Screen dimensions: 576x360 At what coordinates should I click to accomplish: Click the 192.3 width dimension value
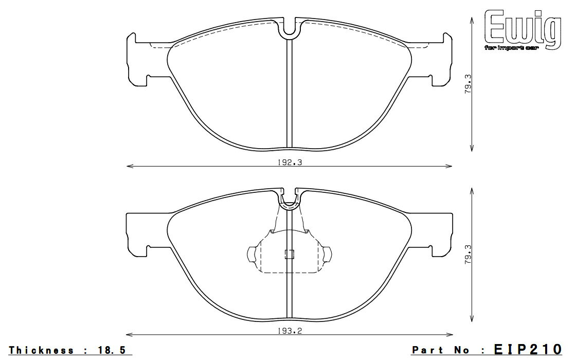(x=290, y=163)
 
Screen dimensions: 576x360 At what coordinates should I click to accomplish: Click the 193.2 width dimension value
(x=290, y=331)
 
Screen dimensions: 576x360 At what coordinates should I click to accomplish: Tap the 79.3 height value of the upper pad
(x=467, y=84)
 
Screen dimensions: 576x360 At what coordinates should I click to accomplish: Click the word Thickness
(x=41, y=350)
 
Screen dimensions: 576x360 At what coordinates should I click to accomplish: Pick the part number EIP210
(x=528, y=349)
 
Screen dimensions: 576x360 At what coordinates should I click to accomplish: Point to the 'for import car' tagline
(x=511, y=48)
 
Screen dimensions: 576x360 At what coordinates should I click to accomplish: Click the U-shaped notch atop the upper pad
(x=290, y=29)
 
